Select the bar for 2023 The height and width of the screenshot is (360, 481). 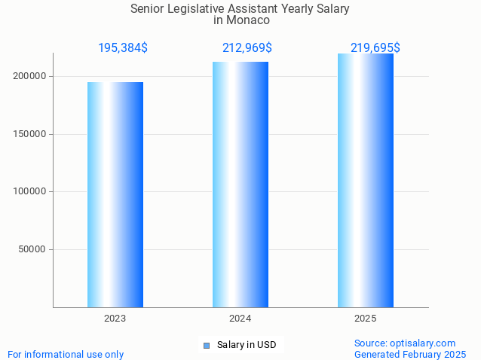[x=115, y=194]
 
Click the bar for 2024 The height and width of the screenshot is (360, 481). [x=240, y=185]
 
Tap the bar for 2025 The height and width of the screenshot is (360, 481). [x=366, y=181]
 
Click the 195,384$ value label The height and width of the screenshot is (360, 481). [x=123, y=48]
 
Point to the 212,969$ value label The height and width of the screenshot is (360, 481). [x=247, y=48]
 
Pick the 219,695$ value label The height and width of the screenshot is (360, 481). [x=375, y=48]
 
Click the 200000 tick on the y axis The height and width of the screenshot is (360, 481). [x=30, y=76]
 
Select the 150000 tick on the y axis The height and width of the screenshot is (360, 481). [x=30, y=134]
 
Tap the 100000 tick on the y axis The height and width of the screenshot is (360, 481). [x=30, y=191]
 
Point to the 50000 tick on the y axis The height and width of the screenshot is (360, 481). [x=33, y=249]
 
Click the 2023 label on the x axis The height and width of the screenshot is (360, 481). [x=115, y=319]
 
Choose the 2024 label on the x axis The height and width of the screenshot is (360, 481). [x=240, y=319]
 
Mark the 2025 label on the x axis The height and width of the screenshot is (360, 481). [x=366, y=319]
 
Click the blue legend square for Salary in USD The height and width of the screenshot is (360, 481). [x=207, y=346]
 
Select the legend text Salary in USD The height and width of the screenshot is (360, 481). [x=247, y=345]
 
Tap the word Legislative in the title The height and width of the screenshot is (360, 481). [x=198, y=8]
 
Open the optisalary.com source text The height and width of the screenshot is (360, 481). [x=405, y=343]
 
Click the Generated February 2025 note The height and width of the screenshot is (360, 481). [x=410, y=354]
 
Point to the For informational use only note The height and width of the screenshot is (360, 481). [x=66, y=354]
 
